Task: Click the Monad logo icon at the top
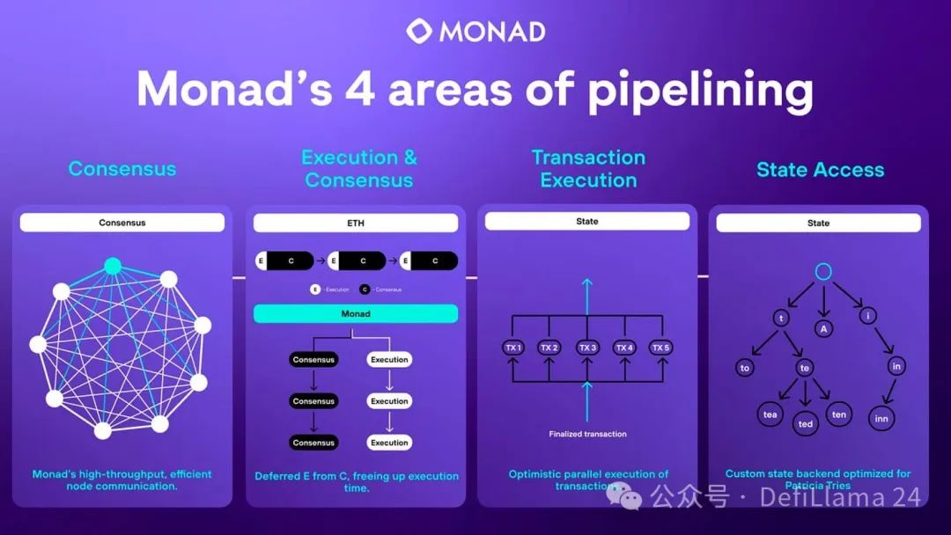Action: click(x=419, y=32)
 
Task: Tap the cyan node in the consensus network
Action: click(x=112, y=265)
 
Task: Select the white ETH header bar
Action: click(x=355, y=224)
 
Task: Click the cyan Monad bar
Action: click(x=355, y=314)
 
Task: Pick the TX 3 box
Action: click(x=587, y=348)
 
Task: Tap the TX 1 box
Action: click(x=512, y=348)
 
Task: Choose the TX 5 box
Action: click(x=661, y=348)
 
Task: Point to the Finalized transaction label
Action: click(x=587, y=434)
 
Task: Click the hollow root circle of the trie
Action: click(x=822, y=271)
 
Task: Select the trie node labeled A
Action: click(x=823, y=328)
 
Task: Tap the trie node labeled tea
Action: click(x=770, y=414)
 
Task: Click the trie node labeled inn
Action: click(x=881, y=419)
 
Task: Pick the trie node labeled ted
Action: click(x=805, y=423)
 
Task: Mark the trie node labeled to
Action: click(x=745, y=368)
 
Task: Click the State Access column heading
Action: click(x=820, y=170)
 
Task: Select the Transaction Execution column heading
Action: click(x=588, y=169)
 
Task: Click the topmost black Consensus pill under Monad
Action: click(x=313, y=360)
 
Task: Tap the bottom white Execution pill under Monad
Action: click(x=389, y=443)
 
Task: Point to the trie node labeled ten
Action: click(x=838, y=414)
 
